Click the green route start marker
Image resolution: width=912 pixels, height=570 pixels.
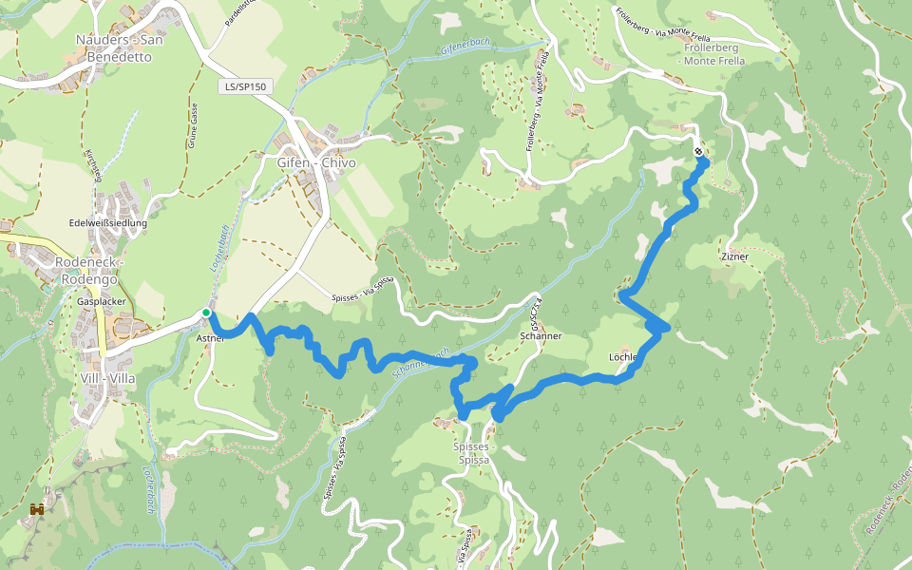[205, 313]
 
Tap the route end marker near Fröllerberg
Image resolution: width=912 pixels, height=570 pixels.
[699, 151]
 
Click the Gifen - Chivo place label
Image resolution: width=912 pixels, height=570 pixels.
[316, 162]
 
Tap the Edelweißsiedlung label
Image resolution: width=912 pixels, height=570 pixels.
[108, 223]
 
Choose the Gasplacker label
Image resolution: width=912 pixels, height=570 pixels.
[102, 301]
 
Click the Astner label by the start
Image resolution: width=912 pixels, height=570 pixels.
[209, 337]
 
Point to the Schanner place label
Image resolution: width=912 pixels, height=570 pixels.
[541, 336]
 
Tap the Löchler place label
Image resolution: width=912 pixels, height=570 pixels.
[625, 357]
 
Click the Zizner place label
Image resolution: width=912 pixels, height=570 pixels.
[735, 256]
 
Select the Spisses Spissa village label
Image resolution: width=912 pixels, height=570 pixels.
[473, 452]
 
